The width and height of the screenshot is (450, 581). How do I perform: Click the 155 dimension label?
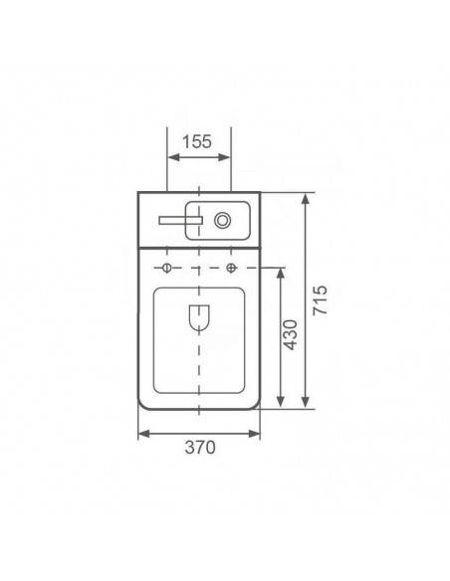pos(197,141)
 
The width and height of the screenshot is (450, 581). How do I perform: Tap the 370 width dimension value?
pos(200,448)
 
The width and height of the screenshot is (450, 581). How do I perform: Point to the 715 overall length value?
pos(321,300)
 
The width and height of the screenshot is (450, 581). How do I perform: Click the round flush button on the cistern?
pos(222,221)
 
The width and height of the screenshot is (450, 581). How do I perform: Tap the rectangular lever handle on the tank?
pos(181,221)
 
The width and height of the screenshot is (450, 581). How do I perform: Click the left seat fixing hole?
pos(167,268)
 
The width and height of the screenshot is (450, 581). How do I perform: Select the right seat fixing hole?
pos(231,268)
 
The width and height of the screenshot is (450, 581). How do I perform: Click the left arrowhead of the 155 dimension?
pos(174,157)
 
